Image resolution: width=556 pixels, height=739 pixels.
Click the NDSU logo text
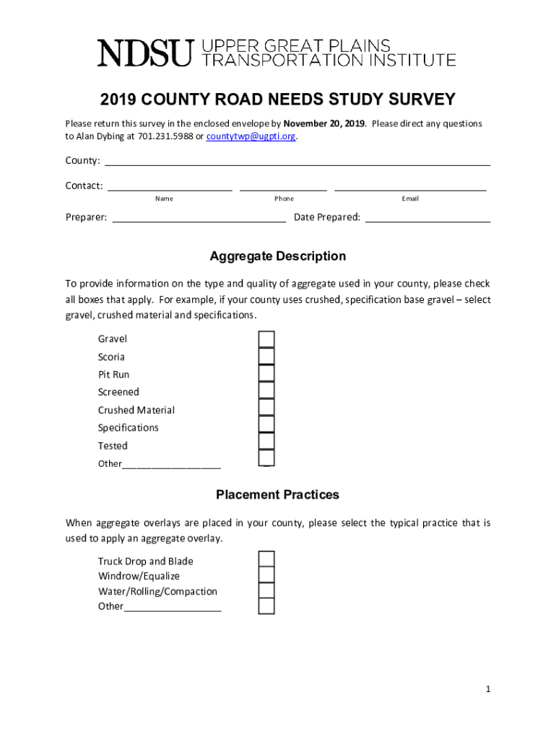[x=145, y=53]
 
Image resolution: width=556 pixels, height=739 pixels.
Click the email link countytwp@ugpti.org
[x=251, y=136]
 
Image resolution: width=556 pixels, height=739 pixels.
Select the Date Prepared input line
[x=427, y=217]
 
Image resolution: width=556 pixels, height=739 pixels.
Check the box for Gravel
[x=266, y=339]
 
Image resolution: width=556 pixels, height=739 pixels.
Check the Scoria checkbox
[x=266, y=357]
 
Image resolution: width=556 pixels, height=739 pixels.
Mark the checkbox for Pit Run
[x=266, y=374]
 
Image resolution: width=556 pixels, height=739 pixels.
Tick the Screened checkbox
[x=266, y=391]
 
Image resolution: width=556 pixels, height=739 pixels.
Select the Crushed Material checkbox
[x=266, y=408]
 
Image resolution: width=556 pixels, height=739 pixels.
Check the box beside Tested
[x=266, y=442]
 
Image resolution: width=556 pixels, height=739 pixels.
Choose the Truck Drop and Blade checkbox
[x=266, y=559]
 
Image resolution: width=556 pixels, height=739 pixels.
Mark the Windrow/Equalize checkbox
[x=266, y=575]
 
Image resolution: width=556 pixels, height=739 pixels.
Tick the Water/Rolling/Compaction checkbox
[x=266, y=590]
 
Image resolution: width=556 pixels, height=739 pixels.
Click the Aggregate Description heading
[x=277, y=256]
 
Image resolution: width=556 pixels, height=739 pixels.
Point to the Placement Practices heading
[x=277, y=495]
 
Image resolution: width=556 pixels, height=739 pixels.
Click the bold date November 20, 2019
[x=324, y=123]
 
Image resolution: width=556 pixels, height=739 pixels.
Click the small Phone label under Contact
[x=284, y=198]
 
